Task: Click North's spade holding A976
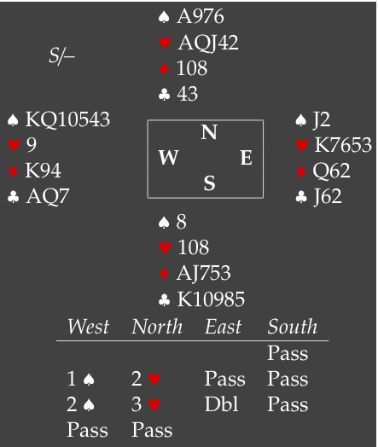(x=201, y=16)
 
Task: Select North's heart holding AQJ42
(x=208, y=43)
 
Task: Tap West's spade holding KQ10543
(x=67, y=119)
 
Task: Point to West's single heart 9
(x=32, y=145)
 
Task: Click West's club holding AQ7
(x=47, y=196)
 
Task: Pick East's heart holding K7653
(x=343, y=145)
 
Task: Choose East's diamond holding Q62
(x=331, y=171)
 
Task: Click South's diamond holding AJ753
(x=204, y=273)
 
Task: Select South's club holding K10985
(x=211, y=299)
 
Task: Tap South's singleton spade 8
(x=181, y=222)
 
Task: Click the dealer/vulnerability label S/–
(x=61, y=55)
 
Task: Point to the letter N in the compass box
(x=209, y=132)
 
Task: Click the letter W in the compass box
(x=169, y=157)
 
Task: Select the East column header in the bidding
(x=224, y=327)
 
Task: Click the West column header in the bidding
(x=88, y=327)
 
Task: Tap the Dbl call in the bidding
(x=222, y=404)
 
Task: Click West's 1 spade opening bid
(x=81, y=379)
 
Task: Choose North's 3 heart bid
(x=146, y=404)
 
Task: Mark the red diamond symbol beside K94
(x=13, y=171)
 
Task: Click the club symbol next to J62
(x=301, y=197)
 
